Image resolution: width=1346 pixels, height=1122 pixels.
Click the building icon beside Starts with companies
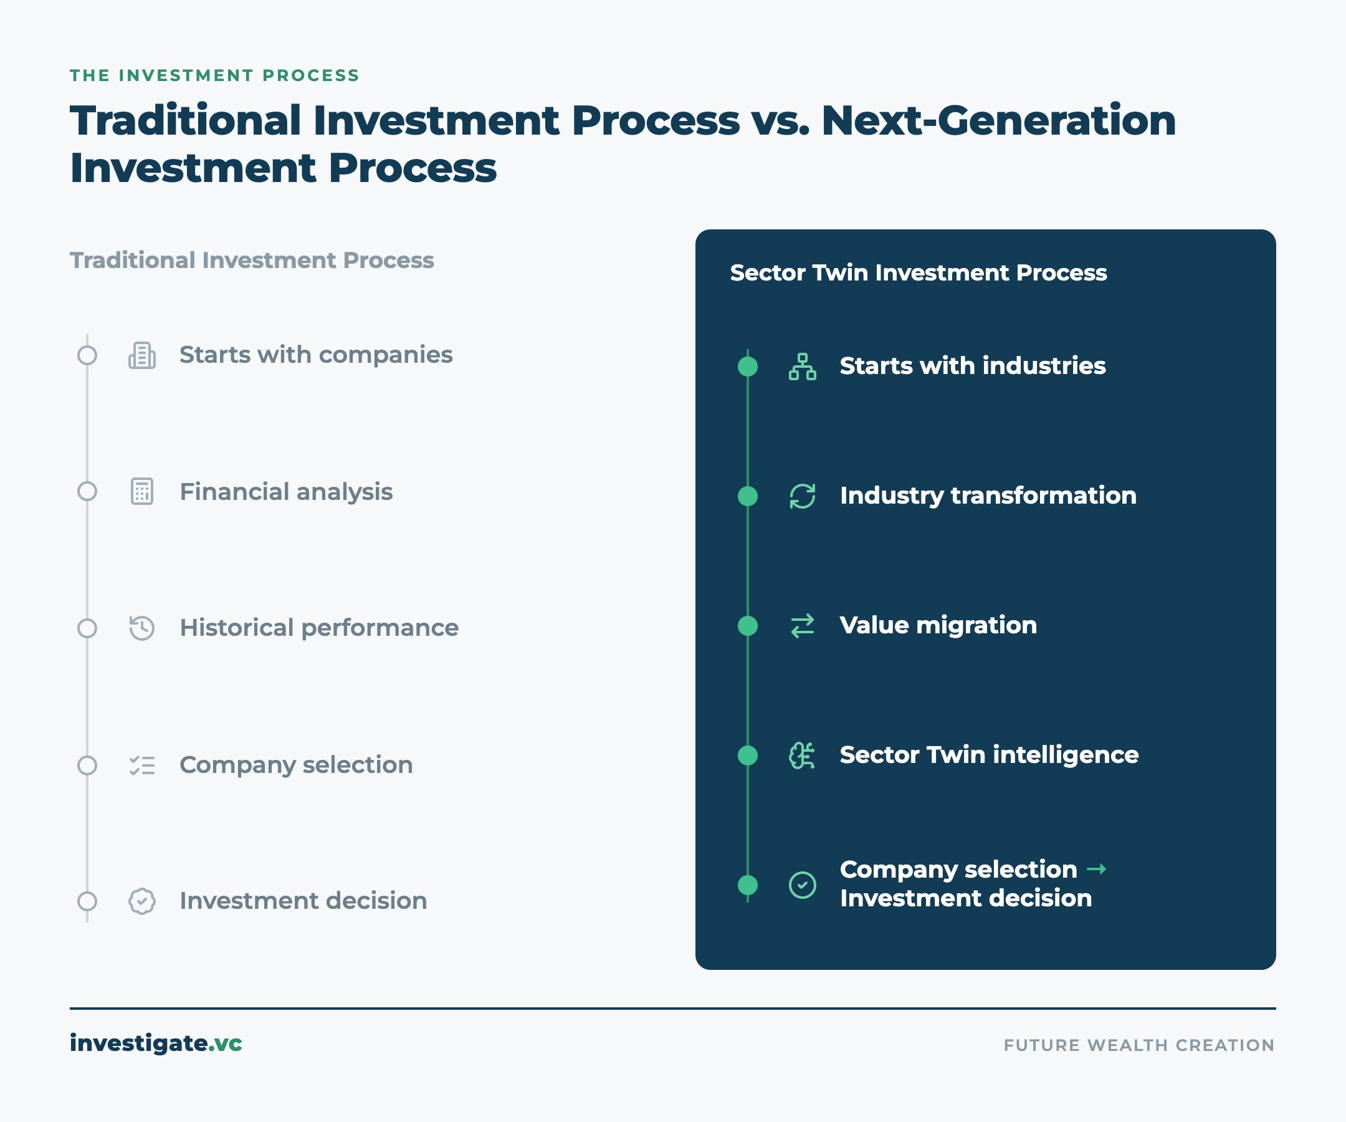point(141,355)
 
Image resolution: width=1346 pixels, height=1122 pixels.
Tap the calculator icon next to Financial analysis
point(141,492)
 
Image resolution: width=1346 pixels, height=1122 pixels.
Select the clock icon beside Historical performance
point(141,628)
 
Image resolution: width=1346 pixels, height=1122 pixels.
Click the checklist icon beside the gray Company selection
point(141,765)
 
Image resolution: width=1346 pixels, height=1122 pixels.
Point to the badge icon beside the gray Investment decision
point(141,901)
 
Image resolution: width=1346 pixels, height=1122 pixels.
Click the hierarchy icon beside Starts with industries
point(803,367)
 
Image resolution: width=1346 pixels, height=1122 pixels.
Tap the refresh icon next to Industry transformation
point(803,496)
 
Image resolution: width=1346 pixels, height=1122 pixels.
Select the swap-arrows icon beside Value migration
point(803,626)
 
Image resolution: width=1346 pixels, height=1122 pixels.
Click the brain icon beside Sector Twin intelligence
point(802,755)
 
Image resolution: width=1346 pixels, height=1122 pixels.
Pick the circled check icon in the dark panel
point(803,885)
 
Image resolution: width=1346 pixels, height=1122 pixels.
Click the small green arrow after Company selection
point(1097,870)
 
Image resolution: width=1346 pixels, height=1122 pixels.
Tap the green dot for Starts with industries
point(748,367)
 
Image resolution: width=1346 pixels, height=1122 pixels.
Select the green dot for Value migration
point(748,626)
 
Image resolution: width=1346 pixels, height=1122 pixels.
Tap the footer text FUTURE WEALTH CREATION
point(1139,1045)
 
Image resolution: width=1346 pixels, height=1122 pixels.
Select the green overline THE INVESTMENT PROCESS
point(215,75)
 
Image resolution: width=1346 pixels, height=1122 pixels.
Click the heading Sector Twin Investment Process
point(919,273)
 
